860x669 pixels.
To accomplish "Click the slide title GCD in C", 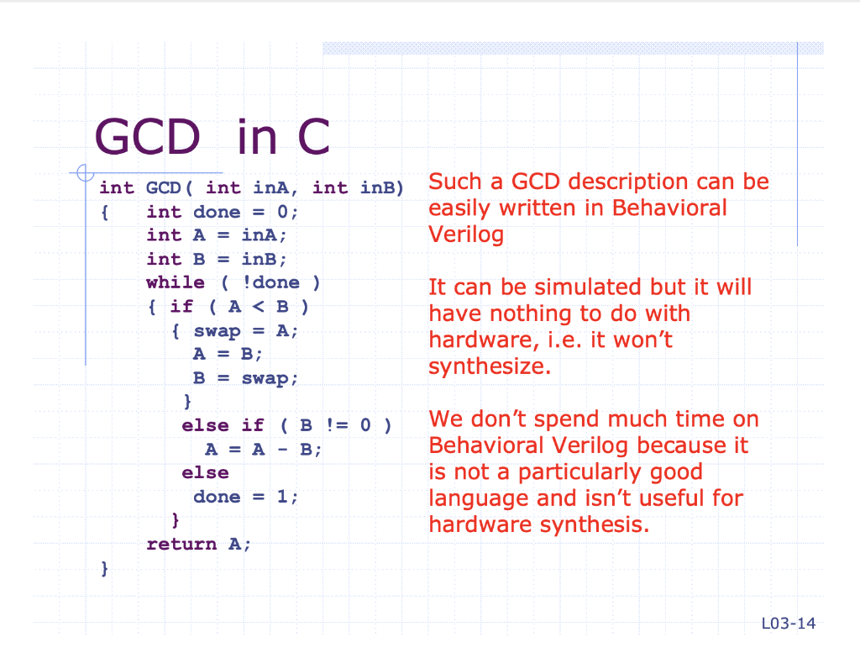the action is pyautogui.click(x=212, y=137).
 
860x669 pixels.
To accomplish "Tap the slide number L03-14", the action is pyautogui.click(x=788, y=624).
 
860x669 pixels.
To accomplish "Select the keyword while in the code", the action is pyautogui.click(x=176, y=282).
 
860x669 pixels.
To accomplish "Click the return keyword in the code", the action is pyautogui.click(x=181, y=544).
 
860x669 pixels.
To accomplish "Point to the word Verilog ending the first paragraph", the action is pyautogui.click(x=466, y=234).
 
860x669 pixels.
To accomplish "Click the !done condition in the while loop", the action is pyautogui.click(x=271, y=282).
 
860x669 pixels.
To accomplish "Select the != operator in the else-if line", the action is pyautogui.click(x=337, y=424).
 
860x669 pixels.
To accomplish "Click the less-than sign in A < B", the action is pyautogui.click(x=259, y=306).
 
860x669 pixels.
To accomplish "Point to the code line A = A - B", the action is pyautogui.click(x=263, y=450).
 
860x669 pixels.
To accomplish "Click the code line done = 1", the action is pyautogui.click(x=246, y=497).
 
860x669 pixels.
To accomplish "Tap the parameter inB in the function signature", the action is pyautogui.click(x=378, y=187).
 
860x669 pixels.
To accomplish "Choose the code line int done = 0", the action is pyautogui.click(x=222, y=212).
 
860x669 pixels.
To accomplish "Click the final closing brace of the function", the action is pyautogui.click(x=105, y=569).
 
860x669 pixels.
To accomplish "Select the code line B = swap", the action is pyautogui.click(x=245, y=378).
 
